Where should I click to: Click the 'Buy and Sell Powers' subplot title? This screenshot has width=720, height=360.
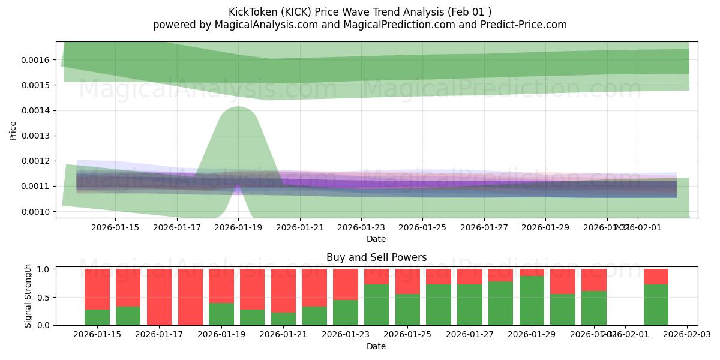click(x=376, y=257)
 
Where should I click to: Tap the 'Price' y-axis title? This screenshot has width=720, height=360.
click(x=13, y=130)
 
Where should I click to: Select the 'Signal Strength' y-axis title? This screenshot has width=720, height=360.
click(x=28, y=296)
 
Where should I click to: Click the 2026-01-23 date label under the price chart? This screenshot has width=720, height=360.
click(x=361, y=227)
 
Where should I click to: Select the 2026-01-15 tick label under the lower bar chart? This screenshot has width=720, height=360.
click(x=97, y=335)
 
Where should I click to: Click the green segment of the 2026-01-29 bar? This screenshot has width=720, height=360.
click(x=532, y=301)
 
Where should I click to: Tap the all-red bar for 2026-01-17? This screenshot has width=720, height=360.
click(x=159, y=297)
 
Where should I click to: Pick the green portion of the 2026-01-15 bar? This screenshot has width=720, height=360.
click(x=97, y=317)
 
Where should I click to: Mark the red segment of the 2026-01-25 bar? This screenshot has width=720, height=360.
click(x=407, y=281)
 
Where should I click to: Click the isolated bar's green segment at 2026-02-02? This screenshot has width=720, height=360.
click(x=656, y=305)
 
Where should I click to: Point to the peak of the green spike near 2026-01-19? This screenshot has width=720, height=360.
click(x=238, y=107)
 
